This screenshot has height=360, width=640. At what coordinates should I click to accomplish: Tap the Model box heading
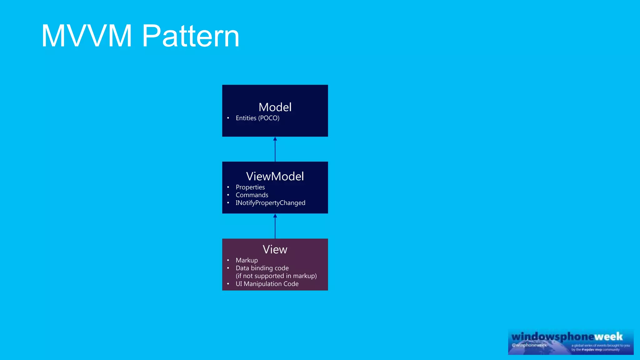pyautogui.click(x=275, y=107)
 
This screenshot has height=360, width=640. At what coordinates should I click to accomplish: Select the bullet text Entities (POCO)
pyautogui.click(x=257, y=118)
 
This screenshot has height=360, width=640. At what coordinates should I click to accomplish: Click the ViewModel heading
pyautogui.click(x=275, y=176)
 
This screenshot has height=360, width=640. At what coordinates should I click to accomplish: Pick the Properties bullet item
pyautogui.click(x=250, y=187)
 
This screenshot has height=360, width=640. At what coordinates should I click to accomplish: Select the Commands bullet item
pyautogui.click(x=252, y=195)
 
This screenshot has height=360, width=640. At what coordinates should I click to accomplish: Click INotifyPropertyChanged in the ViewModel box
pyautogui.click(x=270, y=203)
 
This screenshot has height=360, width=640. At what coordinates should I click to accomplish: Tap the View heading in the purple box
pyautogui.click(x=275, y=249)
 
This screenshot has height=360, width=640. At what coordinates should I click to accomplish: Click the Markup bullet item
pyautogui.click(x=247, y=260)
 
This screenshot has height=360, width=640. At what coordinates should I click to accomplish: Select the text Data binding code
pyautogui.click(x=262, y=268)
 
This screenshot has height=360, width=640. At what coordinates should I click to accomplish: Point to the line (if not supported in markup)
pyautogui.click(x=276, y=276)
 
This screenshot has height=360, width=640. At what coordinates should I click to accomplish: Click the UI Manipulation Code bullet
pyautogui.click(x=267, y=284)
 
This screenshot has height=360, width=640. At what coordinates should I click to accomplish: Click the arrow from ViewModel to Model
pyautogui.click(x=275, y=149)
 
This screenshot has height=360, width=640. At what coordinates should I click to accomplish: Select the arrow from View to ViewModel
pyautogui.click(x=275, y=226)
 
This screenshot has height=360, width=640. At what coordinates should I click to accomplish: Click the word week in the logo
pyautogui.click(x=608, y=337)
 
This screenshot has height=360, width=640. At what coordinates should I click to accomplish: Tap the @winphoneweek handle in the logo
pyautogui.click(x=529, y=345)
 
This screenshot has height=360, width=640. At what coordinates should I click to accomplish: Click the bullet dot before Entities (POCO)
pyautogui.click(x=228, y=118)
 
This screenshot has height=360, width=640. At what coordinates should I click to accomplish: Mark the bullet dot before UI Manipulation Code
pyautogui.click(x=228, y=284)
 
